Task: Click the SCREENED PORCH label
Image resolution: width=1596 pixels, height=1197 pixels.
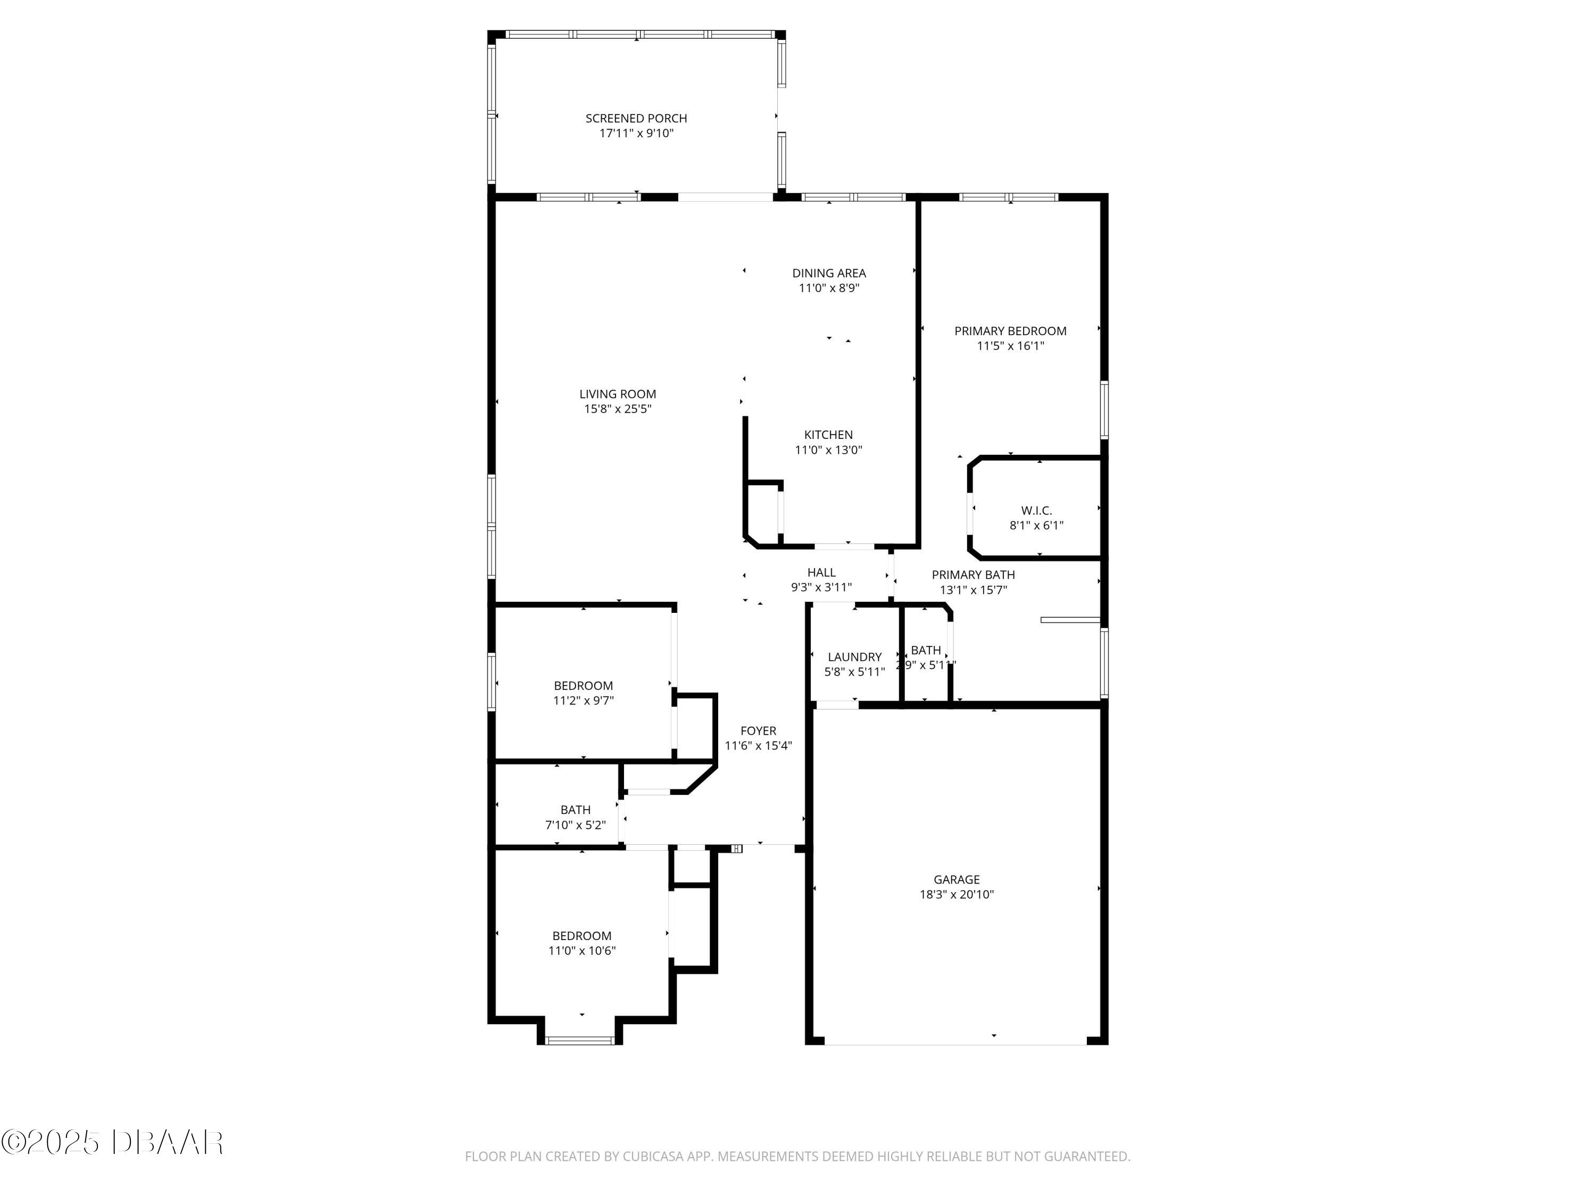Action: point(636,118)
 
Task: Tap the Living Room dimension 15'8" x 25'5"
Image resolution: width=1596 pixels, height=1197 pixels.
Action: point(618,409)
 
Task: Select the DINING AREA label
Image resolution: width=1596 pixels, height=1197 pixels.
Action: point(829,273)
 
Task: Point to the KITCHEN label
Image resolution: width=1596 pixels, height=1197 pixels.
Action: point(828,435)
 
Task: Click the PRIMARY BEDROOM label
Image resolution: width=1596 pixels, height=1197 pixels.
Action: point(1010,331)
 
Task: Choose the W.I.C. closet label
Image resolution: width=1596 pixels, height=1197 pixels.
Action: point(1036,511)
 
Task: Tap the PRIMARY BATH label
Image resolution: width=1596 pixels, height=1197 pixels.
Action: point(974,575)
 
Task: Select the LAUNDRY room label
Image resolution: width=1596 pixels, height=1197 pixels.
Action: point(854,658)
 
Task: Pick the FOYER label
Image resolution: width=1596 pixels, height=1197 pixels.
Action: point(758,731)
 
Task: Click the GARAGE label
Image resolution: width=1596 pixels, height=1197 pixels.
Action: point(957,879)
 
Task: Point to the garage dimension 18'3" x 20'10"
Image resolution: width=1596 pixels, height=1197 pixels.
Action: point(957,895)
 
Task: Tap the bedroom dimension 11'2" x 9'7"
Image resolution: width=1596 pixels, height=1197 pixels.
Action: point(583,701)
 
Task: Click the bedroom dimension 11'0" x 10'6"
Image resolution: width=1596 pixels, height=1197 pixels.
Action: point(581,951)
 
